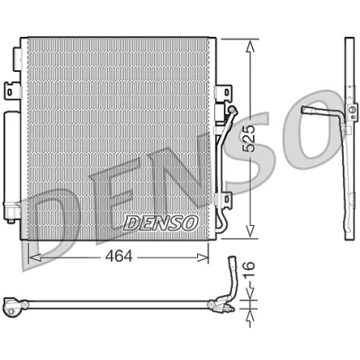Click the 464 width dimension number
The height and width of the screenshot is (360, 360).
click(119, 257)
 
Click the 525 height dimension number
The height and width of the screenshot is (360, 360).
click(249, 139)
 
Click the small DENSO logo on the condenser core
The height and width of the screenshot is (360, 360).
click(161, 223)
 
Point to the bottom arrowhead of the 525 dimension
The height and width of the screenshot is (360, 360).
click(250, 231)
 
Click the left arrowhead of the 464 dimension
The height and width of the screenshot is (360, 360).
click(33, 257)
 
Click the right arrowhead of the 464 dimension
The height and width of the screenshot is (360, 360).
click(202, 257)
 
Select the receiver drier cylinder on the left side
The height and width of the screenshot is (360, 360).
click(12, 165)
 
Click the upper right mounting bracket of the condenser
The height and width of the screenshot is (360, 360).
click(223, 92)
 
